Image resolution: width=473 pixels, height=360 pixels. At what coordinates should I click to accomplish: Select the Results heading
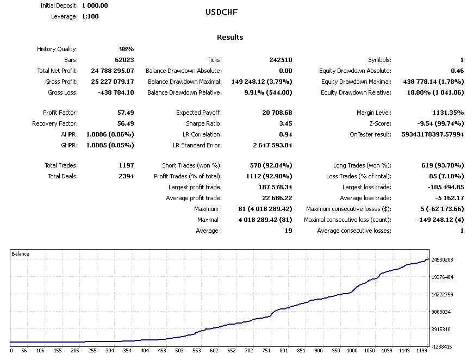point(230,38)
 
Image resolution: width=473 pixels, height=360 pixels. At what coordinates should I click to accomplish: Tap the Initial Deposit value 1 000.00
point(95,5)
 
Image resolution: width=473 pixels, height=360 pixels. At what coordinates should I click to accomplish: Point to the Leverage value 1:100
point(90,16)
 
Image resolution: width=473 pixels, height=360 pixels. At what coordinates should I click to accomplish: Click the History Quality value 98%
point(126,49)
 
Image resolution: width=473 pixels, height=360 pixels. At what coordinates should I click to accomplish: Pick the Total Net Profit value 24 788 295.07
point(113,71)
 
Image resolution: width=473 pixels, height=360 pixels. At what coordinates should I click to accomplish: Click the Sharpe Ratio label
point(203,123)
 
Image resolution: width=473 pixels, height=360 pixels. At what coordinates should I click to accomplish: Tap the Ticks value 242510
point(281,60)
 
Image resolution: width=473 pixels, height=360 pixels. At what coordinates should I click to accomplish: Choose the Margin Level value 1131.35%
point(446,113)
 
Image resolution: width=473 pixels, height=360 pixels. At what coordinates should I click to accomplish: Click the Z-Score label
point(378,123)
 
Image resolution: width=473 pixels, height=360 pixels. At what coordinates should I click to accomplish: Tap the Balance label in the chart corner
point(21,254)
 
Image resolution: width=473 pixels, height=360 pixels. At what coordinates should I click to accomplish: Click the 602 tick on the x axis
point(214,351)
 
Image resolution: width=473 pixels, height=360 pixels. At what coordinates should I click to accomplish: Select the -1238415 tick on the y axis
point(443,346)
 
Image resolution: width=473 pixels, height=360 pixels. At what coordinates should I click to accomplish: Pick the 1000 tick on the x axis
point(352,351)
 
